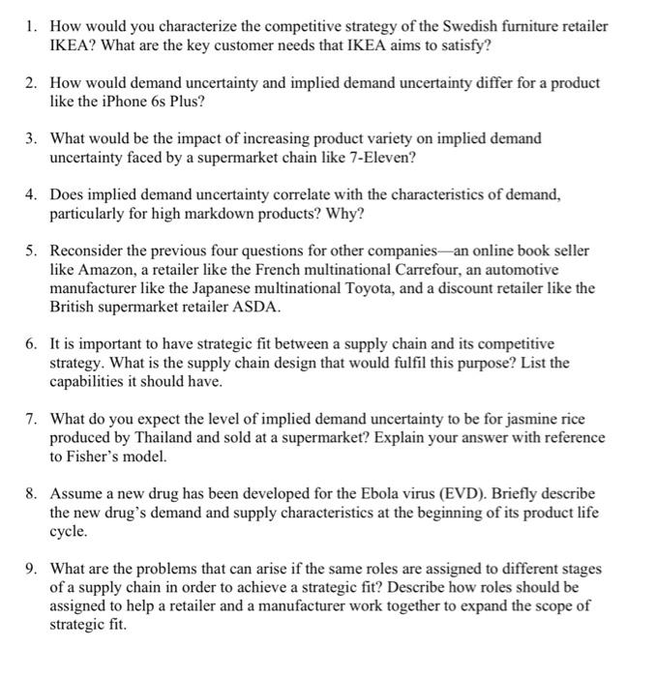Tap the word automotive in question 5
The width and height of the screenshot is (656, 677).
[x=522, y=270]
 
